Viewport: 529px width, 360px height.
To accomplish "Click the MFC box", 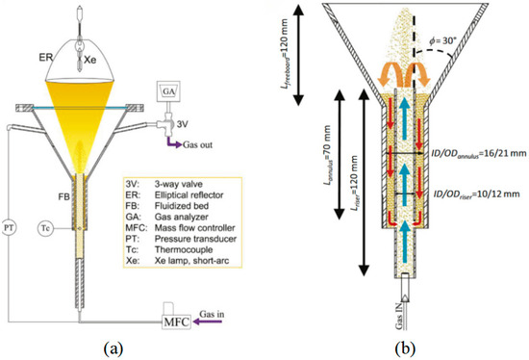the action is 176,321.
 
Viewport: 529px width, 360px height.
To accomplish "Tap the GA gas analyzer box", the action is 169,91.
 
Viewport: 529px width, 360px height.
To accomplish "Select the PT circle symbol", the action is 9,227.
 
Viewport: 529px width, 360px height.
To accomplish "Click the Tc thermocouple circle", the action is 45,229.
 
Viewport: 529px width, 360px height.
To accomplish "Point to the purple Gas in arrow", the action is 208,321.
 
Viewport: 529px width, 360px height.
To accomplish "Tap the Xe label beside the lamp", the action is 89,61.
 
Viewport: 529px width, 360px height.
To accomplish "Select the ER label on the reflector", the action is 45,57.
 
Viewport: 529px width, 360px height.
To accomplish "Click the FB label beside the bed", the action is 63,197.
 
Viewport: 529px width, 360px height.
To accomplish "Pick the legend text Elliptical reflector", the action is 189,195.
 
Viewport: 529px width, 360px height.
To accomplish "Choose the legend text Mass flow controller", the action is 194,228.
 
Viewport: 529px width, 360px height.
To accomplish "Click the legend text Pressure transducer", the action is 195,239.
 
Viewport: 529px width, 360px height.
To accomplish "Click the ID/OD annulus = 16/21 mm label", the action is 479,154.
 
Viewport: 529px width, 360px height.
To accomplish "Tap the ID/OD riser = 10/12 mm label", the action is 476,194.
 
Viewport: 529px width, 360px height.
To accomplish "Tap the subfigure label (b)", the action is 405,347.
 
